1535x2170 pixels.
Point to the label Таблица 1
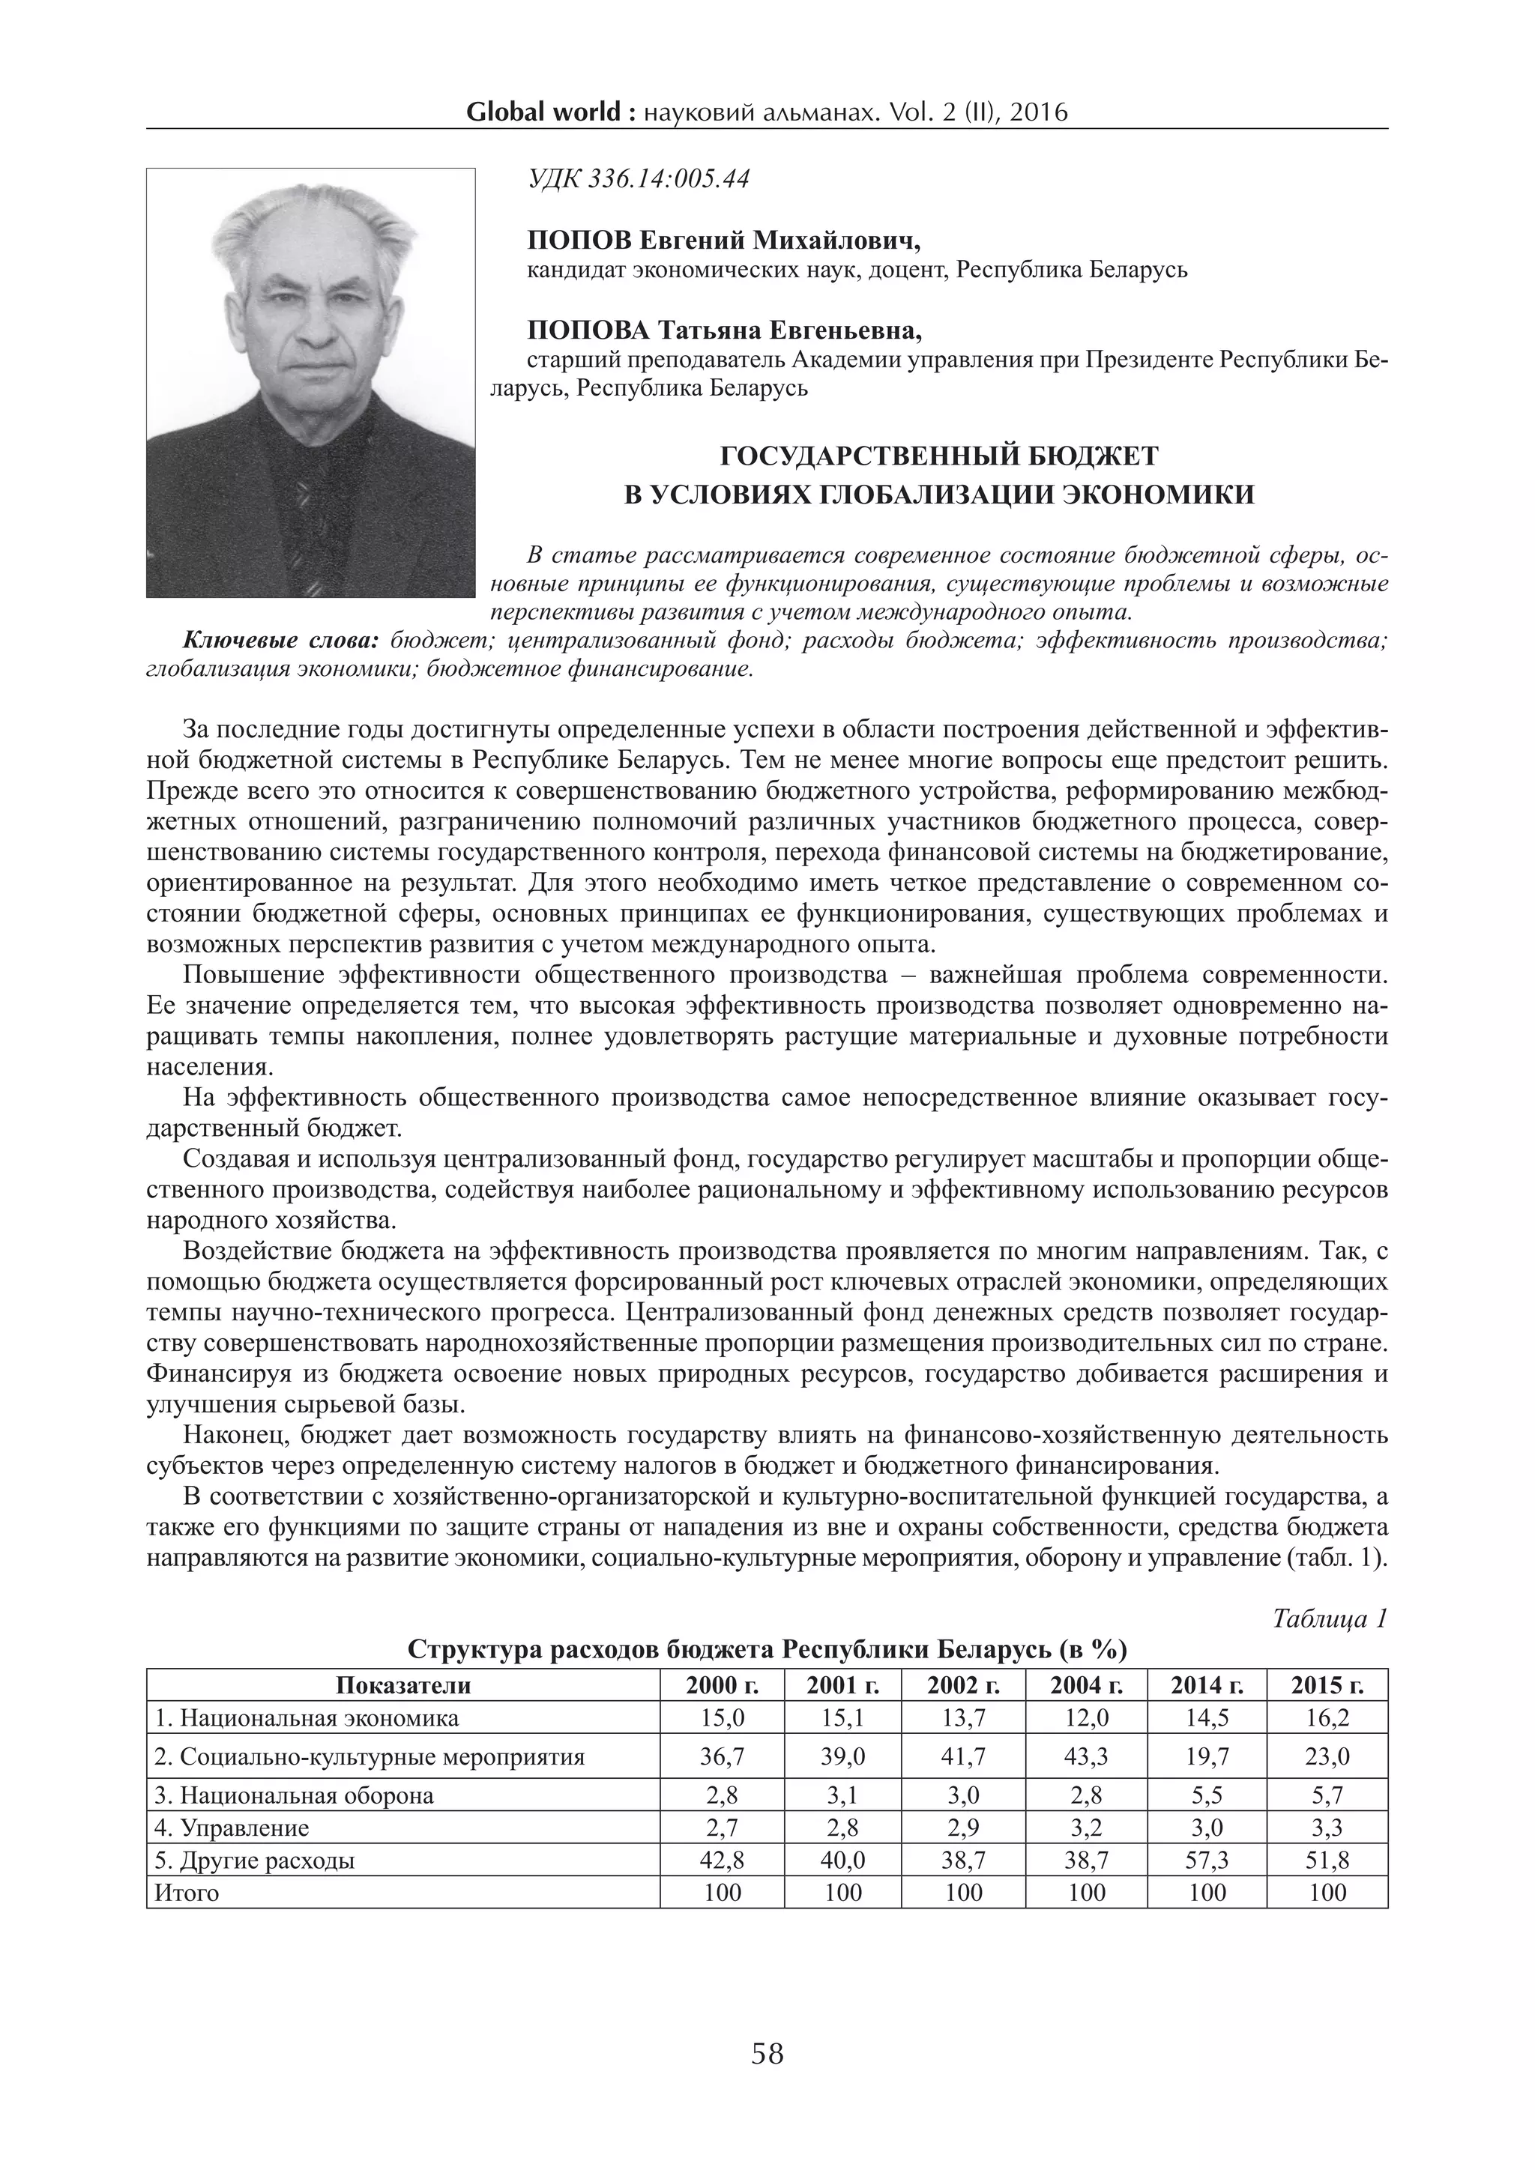(1329, 1620)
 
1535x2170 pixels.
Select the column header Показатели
(402, 1685)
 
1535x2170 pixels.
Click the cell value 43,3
(1086, 1757)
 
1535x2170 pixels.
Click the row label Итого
(186, 1893)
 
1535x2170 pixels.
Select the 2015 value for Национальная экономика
(1327, 1717)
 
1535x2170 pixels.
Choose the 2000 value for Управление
(722, 1828)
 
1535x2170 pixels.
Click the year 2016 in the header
(1038, 113)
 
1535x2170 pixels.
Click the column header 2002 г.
(963, 1685)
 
